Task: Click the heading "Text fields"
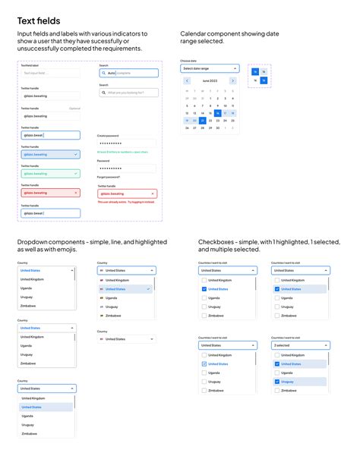39,20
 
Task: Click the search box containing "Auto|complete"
128,73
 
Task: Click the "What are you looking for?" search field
128,93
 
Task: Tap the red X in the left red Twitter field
76,193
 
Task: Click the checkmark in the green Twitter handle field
76,173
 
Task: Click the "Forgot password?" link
108,177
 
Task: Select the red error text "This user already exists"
126,203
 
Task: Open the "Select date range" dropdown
210,68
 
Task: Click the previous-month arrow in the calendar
186,80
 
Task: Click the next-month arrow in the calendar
232,80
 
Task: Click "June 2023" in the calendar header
209,80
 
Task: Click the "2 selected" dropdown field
301,345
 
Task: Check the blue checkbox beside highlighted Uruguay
278,382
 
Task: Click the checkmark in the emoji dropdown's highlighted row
149,289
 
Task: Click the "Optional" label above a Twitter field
74,108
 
